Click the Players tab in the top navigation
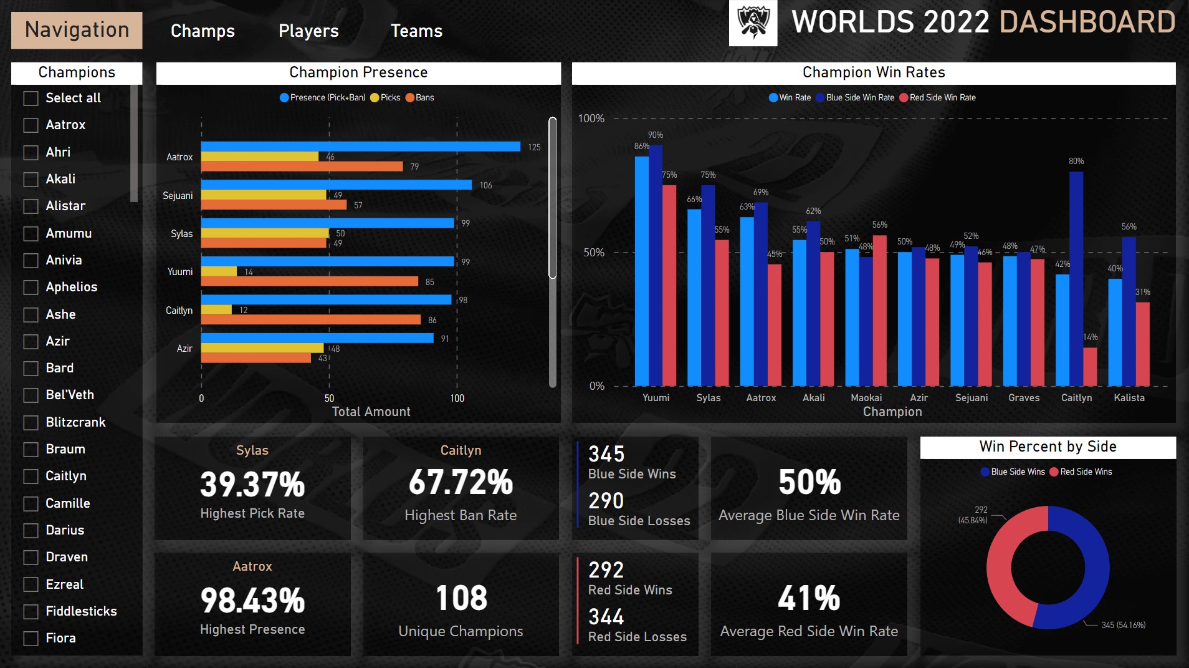308,31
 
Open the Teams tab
416,31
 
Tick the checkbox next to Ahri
31,152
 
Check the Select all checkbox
31,99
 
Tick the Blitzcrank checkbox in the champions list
31,422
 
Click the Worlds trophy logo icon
753,23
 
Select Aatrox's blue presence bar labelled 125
360,147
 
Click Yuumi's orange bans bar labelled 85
309,281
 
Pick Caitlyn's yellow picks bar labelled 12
216,310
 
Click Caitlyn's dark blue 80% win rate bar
1076,278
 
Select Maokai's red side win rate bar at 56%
879,310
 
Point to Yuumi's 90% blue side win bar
656,265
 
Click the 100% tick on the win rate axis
591,119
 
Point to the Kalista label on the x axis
1129,397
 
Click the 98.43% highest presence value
252,600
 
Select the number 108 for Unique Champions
461,598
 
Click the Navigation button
77,30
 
